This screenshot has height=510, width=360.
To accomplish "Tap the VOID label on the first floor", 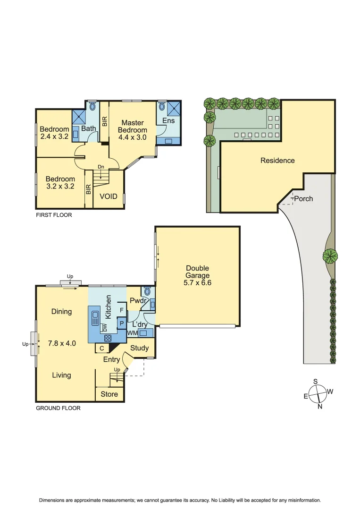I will click(108, 196).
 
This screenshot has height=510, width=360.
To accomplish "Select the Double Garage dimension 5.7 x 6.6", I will click(197, 283).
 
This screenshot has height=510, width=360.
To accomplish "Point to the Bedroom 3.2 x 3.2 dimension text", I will click(60, 187).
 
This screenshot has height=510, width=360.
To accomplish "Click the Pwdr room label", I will click(137, 300).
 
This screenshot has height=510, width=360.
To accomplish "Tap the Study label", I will click(140, 348).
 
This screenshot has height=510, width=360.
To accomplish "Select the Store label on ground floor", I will click(109, 394).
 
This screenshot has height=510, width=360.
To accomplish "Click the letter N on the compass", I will click(320, 407).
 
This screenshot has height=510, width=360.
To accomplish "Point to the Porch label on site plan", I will click(303, 198).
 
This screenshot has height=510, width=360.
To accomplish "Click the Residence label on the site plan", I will click(277, 161).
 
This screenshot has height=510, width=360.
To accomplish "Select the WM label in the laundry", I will click(132, 333).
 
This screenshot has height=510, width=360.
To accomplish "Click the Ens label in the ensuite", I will click(168, 120).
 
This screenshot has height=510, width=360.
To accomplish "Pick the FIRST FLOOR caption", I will click(54, 214).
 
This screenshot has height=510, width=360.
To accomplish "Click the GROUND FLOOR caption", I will click(58, 408).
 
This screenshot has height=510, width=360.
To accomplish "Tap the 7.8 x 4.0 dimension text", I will click(62, 343).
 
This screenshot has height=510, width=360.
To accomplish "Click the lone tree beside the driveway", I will click(330, 256).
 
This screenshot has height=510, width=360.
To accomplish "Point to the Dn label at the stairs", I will click(100, 167).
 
